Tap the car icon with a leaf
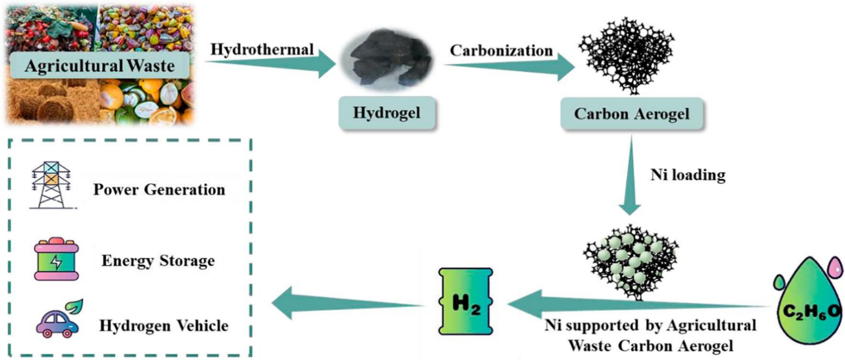click(58, 321)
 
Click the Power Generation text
click(159, 190)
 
